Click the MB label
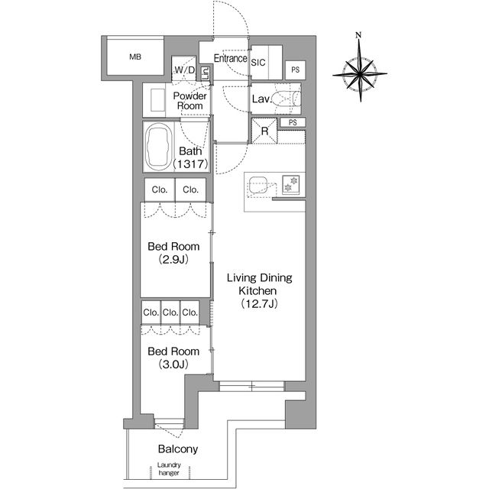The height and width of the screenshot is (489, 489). (x=135, y=57)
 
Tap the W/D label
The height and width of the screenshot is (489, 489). (x=185, y=70)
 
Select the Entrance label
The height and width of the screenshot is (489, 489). (x=231, y=58)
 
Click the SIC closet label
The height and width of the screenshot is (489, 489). (x=258, y=63)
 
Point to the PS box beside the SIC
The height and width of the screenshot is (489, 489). (x=296, y=70)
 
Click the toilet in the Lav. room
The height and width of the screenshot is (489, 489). (x=287, y=99)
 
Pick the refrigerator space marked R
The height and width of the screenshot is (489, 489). (x=264, y=131)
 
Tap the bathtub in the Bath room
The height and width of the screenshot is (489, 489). (x=159, y=147)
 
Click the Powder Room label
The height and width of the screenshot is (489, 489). (x=189, y=101)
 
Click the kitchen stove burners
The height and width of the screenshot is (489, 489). (x=291, y=185)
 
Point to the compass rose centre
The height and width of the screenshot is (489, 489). (x=360, y=74)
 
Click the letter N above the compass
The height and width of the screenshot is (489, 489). (x=358, y=34)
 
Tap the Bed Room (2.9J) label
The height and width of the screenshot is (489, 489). (x=173, y=253)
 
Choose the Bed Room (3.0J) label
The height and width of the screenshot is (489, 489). (x=173, y=358)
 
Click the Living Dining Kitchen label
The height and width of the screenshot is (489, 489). (x=260, y=290)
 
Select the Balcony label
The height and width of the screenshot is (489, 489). (x=178, y=449)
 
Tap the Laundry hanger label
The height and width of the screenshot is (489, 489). (x=169, y=468)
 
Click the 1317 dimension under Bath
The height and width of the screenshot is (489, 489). (x=190, y=164)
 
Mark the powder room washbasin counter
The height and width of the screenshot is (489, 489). (x=154, y=100)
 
